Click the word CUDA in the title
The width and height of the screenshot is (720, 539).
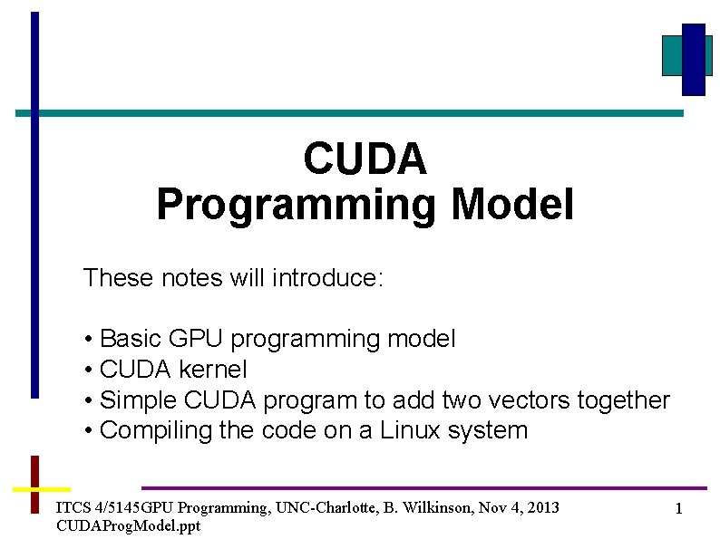365,159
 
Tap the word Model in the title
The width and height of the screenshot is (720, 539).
513,204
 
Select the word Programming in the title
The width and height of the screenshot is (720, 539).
297,207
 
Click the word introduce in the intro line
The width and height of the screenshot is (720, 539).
328,277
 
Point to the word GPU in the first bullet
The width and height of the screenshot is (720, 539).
196,339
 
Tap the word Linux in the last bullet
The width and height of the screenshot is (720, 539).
410,430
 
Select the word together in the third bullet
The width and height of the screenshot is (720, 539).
624,401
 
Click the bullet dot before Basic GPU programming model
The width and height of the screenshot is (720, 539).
89,340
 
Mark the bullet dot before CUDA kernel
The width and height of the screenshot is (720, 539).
89,371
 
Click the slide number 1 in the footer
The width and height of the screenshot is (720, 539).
678,508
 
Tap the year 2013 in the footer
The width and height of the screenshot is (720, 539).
543,507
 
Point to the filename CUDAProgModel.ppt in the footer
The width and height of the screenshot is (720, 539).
129,525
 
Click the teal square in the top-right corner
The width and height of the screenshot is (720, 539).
672,56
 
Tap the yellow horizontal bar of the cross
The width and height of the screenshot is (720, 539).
42,489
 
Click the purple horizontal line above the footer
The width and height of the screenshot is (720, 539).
424,488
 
